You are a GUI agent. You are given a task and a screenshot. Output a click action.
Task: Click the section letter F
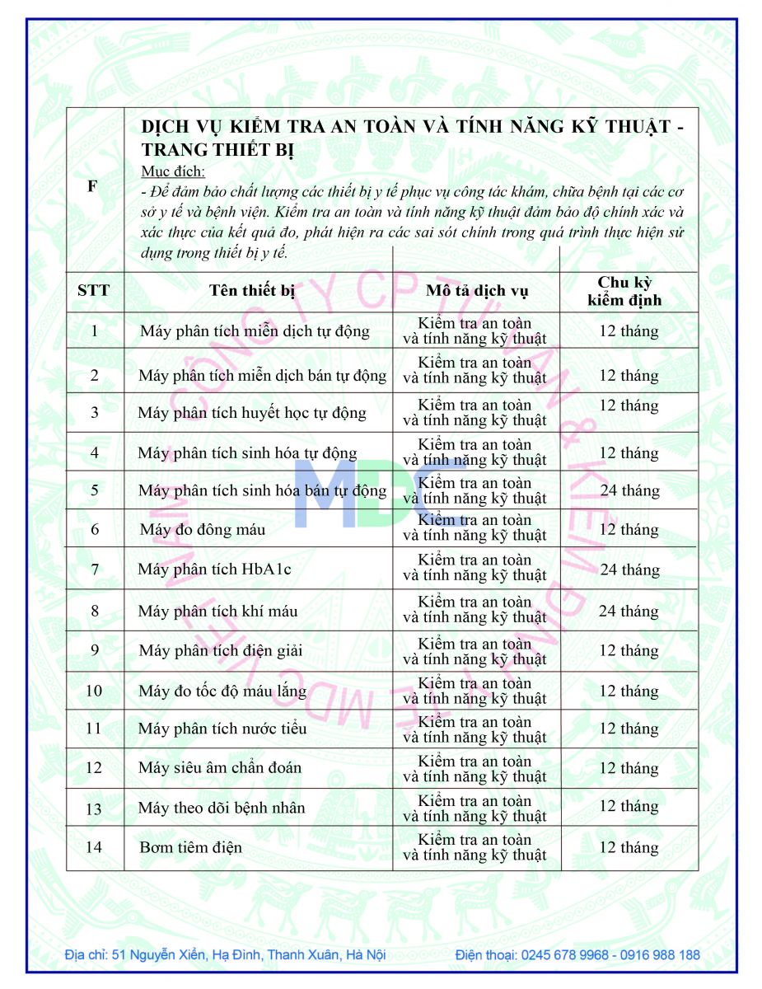pyautogui.click(x=92, y=186)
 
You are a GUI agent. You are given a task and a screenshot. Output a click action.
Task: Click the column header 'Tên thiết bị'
pyautogui.click(x=251, y=290)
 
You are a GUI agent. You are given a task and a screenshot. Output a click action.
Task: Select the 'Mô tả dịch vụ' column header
pyautogui.click(x=477, y=291)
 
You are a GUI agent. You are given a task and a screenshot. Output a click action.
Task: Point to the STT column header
pyautogui.click(x=93, y=290)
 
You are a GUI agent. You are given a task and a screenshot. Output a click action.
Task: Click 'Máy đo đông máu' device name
pyautogui.click(x=202, y=529)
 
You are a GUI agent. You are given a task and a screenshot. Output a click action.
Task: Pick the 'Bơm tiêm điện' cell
pyautogui.click(x=190, y=847)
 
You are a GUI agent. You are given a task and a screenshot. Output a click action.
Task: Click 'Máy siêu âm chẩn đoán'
pyautogui.click(x=219, y=768)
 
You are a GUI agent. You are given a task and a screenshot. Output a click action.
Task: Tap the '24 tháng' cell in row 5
pyautogui.click(x=629, y=491)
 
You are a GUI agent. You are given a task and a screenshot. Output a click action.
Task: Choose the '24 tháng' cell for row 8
pyautogui.click(x=628, y=612)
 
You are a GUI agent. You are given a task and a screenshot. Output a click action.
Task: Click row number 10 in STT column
pyautogui.click(x=94, y=691)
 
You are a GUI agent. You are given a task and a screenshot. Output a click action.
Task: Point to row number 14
pyautogui.click(x=94, y=846)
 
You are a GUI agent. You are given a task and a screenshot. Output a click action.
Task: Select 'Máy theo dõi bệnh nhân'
pyautogui.click(x=221, y=808)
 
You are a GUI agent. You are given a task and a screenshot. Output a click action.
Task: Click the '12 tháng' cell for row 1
pyautogui.click(x=629, y=331)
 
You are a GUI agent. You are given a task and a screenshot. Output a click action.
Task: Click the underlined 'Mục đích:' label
pyautogui.click(x=172, y=171)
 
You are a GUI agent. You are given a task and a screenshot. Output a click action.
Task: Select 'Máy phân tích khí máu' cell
pyautogui.click(x=217, y=612)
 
